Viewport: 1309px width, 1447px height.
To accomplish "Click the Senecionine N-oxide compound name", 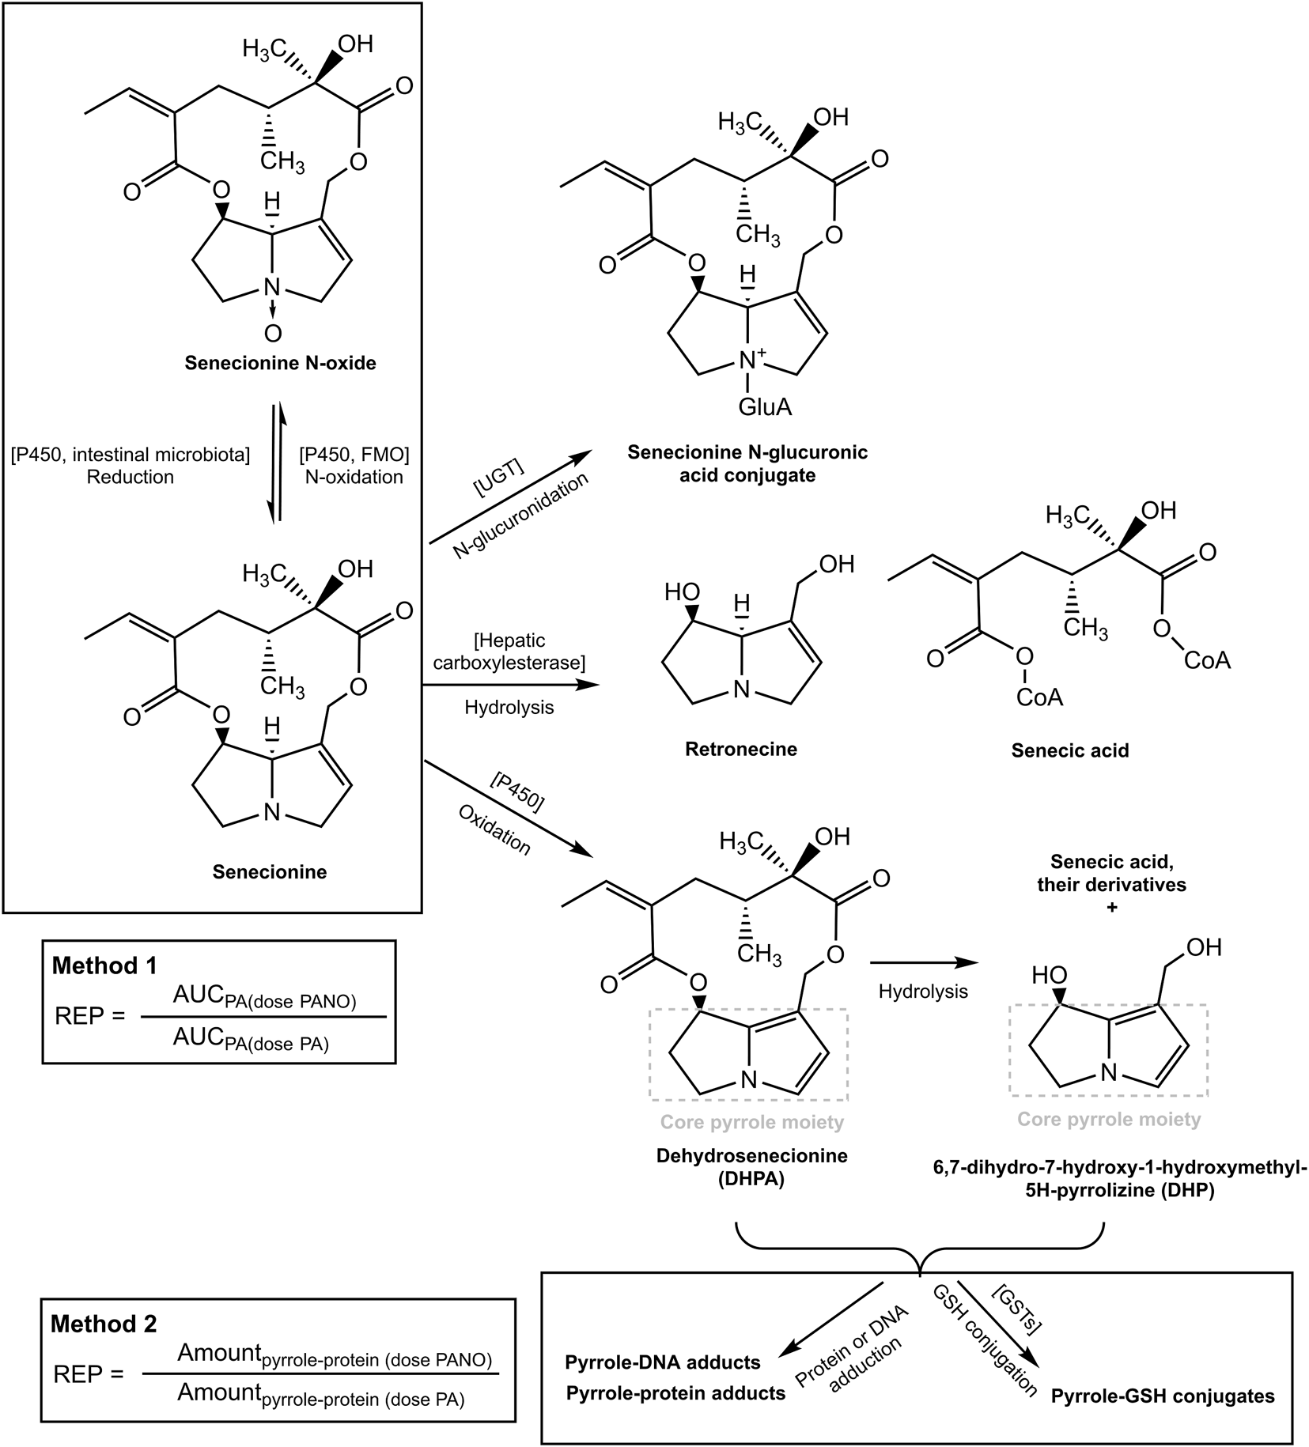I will [280, 364].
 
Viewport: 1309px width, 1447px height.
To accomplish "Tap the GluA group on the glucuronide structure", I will [764, 407].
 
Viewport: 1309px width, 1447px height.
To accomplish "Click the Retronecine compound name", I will [740, 749].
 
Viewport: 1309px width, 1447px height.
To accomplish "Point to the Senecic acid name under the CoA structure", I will [1069, 750].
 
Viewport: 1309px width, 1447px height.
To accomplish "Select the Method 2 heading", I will [104, 1324].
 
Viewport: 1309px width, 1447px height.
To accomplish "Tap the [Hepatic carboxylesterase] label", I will [509, 651].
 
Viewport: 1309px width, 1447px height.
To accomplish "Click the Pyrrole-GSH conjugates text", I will [1162, 1396].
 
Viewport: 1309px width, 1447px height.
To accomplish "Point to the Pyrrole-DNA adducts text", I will [662, 1362].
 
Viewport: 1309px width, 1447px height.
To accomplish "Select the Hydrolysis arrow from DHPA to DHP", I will [923, 963].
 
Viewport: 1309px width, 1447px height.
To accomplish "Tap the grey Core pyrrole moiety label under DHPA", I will [751, 1122].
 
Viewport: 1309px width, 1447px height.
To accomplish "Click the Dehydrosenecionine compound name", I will [751, 1155].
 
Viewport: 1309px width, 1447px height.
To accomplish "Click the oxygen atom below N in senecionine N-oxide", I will [273, 334].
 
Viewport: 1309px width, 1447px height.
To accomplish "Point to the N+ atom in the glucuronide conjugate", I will [748, 361].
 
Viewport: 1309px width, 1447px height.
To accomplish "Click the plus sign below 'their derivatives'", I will [1112, 908].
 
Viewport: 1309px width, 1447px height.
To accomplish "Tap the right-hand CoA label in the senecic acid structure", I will [1207, 660].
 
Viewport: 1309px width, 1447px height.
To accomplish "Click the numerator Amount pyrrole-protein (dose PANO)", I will [334, 1354].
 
